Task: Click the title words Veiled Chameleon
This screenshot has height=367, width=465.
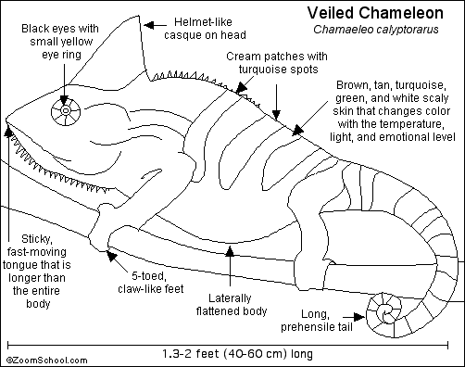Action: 375,13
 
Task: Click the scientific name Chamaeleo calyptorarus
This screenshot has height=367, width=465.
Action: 376,30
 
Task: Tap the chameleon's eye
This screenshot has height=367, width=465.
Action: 66,111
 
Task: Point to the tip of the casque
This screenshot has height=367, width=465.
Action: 139,16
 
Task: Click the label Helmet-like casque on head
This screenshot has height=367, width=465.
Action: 205,29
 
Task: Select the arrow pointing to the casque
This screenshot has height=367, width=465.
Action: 156,25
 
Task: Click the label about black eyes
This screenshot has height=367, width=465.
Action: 60,42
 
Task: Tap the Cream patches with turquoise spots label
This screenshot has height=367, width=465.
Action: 277,63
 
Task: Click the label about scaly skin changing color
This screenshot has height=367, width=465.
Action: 393,110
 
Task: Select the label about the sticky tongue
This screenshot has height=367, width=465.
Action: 37,271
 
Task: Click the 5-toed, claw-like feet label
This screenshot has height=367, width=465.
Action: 151,282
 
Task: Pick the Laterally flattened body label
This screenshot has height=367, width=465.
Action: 232,304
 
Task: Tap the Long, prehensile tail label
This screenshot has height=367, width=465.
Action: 317,320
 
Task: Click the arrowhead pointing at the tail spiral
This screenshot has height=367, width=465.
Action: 359,317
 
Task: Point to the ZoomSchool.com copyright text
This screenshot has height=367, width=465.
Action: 47,361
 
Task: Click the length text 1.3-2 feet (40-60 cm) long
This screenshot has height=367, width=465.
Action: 238,354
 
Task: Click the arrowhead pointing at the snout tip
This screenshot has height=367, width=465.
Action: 8,131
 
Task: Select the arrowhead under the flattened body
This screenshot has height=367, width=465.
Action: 230,251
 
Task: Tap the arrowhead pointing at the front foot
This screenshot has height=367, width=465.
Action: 111,256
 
